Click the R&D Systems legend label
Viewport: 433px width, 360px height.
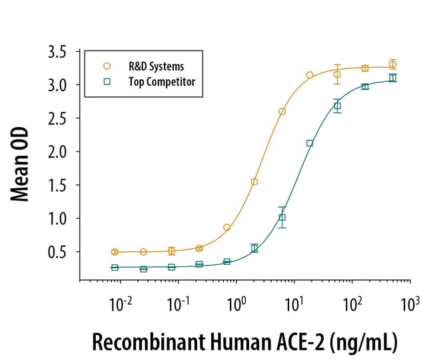[x=155, y=66]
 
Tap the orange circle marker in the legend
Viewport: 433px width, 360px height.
[x=105, y=66]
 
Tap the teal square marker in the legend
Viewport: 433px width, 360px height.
[x=105, y=81]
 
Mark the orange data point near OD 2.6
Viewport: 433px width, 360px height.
[x=282, y=111]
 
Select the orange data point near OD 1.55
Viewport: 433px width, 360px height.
[x=254, y=181]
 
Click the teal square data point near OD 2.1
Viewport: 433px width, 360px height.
[x=310, y=143]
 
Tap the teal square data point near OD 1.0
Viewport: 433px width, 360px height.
[x=282, y=217]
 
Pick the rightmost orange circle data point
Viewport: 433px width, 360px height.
[x=393, y=64]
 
